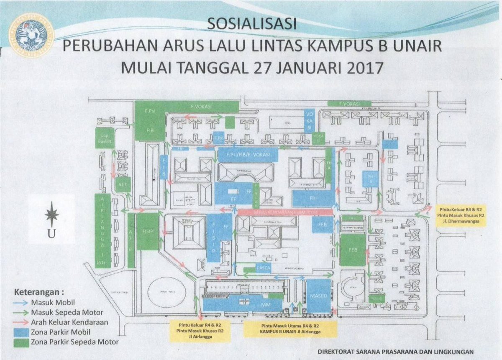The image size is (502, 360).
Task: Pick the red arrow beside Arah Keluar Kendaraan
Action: tap(22, 322)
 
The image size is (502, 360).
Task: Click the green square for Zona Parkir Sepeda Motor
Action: tap(21, 342)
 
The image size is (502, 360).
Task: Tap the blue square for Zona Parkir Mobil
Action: tap(21, 332)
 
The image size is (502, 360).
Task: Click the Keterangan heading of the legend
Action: tap(40, 291)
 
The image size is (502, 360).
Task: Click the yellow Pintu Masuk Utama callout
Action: tap(291, 328)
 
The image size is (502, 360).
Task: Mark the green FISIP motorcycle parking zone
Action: tap(148, 231)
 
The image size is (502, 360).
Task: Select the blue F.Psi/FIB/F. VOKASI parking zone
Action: tap(248, 155)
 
